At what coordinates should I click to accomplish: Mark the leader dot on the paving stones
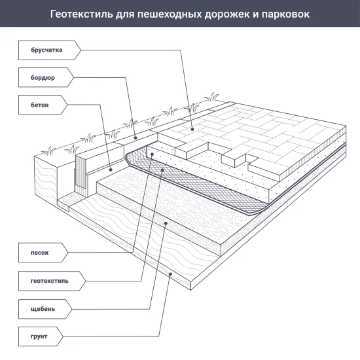(x=192, y=130)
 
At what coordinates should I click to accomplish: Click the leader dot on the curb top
(x=135, y=137)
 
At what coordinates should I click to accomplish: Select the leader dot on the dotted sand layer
(x=152, y=154)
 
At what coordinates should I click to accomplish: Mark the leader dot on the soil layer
(x=171, y=276)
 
